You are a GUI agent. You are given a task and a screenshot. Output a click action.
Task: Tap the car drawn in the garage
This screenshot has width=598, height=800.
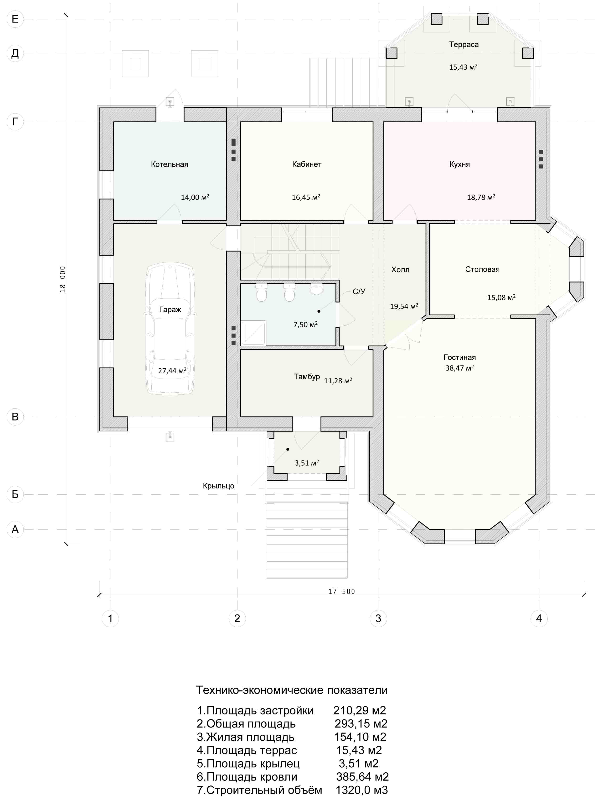[170, 329]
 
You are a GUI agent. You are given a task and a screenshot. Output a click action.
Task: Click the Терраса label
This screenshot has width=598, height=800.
[464, 45]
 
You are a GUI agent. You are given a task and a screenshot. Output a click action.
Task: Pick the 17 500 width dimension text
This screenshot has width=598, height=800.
[341, 591]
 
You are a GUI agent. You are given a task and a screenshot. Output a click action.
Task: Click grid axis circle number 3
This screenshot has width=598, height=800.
[378, 618]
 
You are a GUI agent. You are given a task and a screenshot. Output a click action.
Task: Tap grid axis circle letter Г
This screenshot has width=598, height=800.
[15, 122]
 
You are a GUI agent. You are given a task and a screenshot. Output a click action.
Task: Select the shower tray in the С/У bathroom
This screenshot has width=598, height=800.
[254, 332]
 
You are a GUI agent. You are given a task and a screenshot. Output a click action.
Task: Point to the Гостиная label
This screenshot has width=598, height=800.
[459, 357]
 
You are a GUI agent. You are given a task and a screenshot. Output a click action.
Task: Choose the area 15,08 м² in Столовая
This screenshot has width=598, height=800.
[501, 297]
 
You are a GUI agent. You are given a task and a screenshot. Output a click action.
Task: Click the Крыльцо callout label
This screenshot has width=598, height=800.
[218, 486]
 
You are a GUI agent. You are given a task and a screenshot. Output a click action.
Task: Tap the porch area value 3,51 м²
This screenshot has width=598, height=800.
[306, 462]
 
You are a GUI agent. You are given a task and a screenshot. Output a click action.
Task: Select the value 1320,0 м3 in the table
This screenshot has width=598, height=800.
[362, 790]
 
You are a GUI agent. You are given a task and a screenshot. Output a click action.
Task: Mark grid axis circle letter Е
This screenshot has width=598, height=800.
[15, 19]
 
